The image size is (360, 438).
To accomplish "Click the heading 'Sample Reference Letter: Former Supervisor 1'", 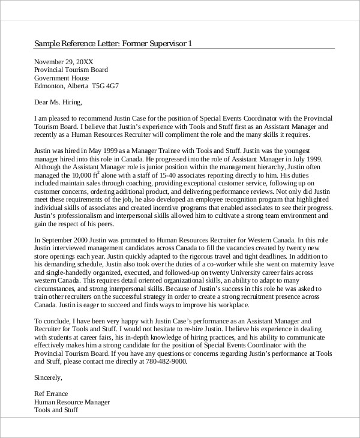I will click(113, 44).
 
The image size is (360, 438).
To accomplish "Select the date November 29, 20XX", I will click(64, 62).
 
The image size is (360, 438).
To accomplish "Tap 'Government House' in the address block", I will click(62, 78).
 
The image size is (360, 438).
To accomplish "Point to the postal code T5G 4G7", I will click(105, 86).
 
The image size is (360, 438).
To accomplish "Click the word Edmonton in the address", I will click(49, 86).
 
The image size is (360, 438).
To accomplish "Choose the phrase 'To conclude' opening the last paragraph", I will click(54, 321).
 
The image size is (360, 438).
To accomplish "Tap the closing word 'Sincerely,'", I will click(48, 378).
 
